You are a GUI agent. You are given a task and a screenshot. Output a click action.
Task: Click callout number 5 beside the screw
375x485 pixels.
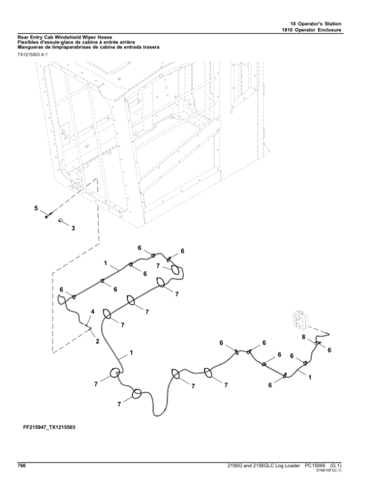[36, 207]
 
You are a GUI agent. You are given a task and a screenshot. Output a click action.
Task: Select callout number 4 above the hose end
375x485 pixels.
[93, 311]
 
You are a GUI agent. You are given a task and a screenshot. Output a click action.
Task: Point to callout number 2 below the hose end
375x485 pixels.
[97, 341]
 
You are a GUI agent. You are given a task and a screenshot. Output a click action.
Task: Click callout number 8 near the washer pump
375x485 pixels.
[304, 337]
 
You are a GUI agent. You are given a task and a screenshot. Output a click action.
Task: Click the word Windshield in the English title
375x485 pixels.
[76, 37]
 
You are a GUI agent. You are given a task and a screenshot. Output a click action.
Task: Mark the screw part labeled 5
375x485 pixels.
[49, 215]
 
